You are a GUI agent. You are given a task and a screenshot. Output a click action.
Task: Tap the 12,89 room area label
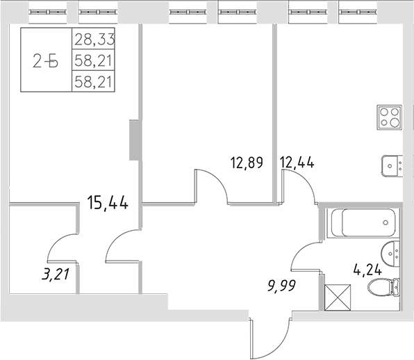point(247,163)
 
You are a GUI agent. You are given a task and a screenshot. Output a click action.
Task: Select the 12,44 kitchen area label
point(295,163)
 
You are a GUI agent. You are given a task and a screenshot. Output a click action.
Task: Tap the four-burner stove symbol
point(390,117)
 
